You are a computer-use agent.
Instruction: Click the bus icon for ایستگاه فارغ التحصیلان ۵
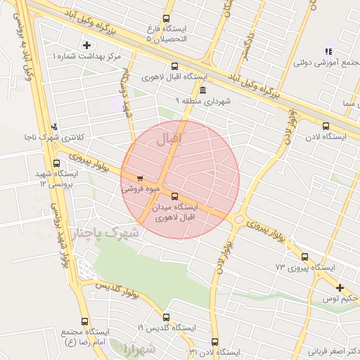(166, 19)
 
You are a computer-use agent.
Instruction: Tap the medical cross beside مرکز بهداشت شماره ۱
(86, 45)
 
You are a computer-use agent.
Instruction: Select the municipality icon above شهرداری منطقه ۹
(202, 90)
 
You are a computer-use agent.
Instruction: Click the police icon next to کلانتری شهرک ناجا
(56, 127)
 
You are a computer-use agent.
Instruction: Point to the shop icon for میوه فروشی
(141, 178)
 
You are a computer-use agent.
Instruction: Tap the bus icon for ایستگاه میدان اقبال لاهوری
(174, 197)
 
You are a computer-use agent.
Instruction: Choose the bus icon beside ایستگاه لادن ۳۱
(214, 342)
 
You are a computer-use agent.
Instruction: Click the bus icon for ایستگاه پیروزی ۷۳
(304, 257)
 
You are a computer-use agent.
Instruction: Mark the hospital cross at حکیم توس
(340, 288)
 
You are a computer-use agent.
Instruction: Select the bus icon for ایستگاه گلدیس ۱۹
(166, 317)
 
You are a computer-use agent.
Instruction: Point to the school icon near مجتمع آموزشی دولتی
(328, 51)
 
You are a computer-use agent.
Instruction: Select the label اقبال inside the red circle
(172, 139)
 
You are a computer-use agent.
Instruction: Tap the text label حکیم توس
(345, 299)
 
